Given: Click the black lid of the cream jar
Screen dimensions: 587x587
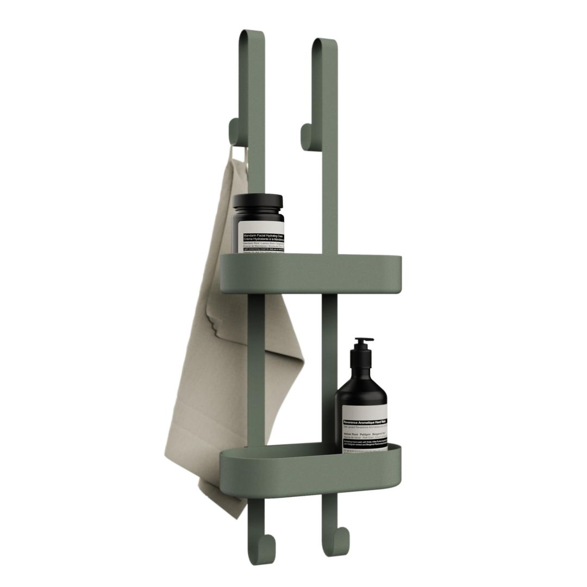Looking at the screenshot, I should (x=258, y=203).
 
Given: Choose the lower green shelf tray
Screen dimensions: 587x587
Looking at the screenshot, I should (x=310, y=467).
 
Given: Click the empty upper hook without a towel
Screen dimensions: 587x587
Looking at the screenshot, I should (x=307, y=136).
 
